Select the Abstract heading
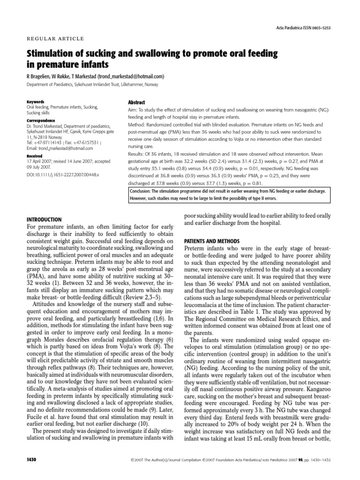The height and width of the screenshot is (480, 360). [136, 102]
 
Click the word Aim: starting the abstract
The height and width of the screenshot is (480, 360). [133, 109]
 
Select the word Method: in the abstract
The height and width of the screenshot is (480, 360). [138, 125]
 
